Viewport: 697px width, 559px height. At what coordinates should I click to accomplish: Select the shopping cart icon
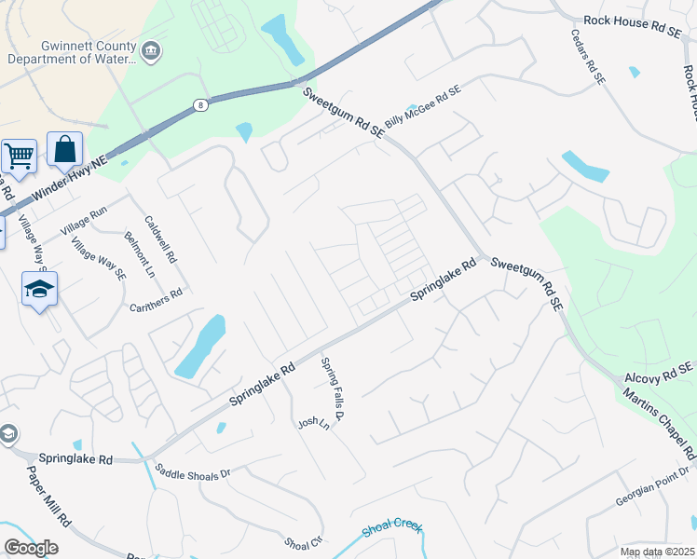(18, 155)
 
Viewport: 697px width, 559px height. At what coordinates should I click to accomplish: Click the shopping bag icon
(64, 148)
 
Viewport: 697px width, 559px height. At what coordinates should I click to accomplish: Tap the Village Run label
(84, 221)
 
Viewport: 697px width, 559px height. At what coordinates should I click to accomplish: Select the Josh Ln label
(314, 423)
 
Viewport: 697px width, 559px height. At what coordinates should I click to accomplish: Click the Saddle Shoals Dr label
(193, 472)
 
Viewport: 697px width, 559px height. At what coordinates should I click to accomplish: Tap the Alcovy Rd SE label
(661, 374)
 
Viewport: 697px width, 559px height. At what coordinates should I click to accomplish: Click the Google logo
(31, 548)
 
